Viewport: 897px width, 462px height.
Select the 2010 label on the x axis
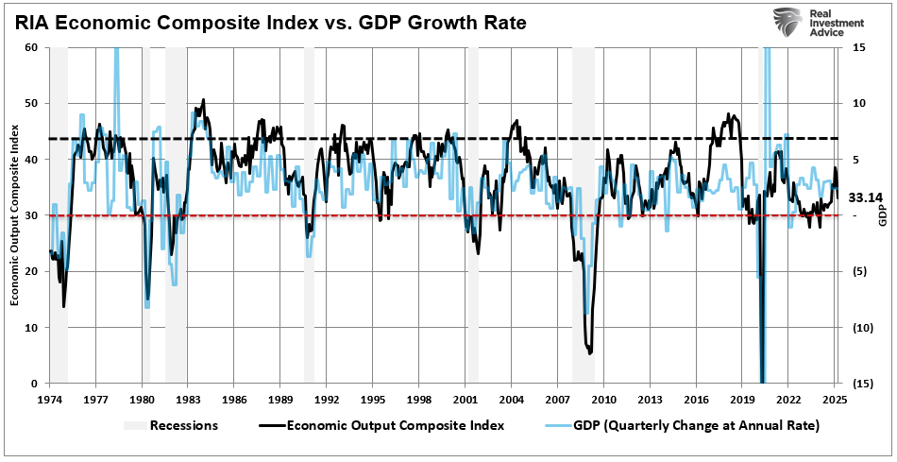point(603,399)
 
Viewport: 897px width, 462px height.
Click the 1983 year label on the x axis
point(188,399)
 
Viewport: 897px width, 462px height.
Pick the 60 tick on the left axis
point(31,47)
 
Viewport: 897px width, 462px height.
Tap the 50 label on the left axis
point(31,103)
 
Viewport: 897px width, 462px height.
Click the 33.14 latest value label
point(864,198)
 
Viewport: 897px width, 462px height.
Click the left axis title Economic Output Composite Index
point(15,216)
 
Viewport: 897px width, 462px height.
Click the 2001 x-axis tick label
point(465,399)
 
